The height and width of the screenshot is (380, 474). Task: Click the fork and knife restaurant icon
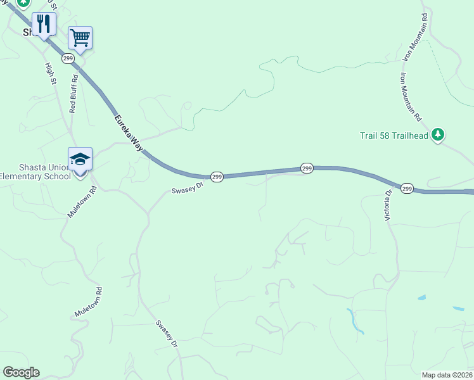(44, 24)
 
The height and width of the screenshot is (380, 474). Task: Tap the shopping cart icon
(80, 37)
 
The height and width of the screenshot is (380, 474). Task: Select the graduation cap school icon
(80, 159)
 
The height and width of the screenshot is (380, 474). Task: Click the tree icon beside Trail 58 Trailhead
(438, 134)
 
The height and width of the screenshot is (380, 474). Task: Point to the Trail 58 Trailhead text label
(394, 134)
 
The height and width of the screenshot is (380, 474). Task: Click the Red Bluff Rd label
(74, 94)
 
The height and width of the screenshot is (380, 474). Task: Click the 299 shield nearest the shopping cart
(68, 58)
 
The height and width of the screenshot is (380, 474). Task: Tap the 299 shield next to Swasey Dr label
(217, 177)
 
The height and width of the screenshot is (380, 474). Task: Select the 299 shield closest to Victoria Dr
(407, 188)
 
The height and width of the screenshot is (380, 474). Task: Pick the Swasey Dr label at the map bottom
(167, 333)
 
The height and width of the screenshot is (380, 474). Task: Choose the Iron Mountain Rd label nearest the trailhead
(411, 97)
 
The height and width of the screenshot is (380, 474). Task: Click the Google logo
(21, 372)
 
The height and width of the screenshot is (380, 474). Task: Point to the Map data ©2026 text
(446, 375)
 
